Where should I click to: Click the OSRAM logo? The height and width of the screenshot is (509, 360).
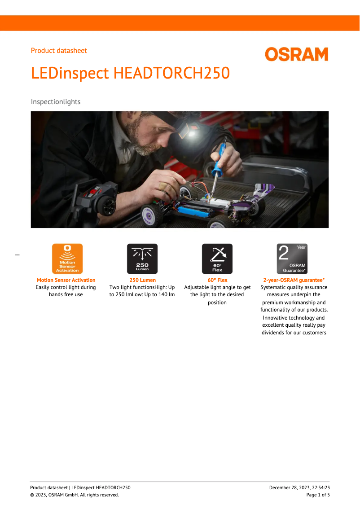pyautogui.click(x=296, y=54)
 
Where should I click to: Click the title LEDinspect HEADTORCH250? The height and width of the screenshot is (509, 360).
pyautogui.click(x=130, y=73)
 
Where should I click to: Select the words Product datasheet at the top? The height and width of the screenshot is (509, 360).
pyautogui.click(x=59, y=51)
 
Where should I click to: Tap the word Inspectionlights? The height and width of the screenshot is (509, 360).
pyautogui.click(x=56, y=102)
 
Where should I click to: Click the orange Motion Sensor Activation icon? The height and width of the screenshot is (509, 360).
pyautogui.click(x=67, y=259)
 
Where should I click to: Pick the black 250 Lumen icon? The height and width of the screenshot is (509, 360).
pyautogui.click(x=142, y=259)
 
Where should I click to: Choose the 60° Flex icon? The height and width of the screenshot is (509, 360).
pyautogui.click(x=217, y=259)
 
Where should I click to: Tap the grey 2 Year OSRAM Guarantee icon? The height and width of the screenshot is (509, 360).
pyautogui.click(x=292, y=259)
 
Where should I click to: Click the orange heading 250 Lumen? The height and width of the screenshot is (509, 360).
pyautogui.click(x=142, y=280)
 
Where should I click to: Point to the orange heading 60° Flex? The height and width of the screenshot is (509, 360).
pyautogui.click(x=217, y=280)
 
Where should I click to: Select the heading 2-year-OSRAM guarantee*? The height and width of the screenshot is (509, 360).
pyautogui.click(x=294, y=280)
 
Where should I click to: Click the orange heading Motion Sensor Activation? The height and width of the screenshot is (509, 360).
pyautogui.click(x=66, y=280)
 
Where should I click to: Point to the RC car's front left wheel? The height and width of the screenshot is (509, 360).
pyautogui.click(x=152, y=215)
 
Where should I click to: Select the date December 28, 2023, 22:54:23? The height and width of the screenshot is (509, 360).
pyautogui.click(x=299, y=487)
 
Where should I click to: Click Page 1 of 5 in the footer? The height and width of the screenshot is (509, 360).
pyautogui.click(x=318, y=495)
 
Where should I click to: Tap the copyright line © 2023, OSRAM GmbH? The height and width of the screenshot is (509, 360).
pyautogui.click(x=75, y=495)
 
